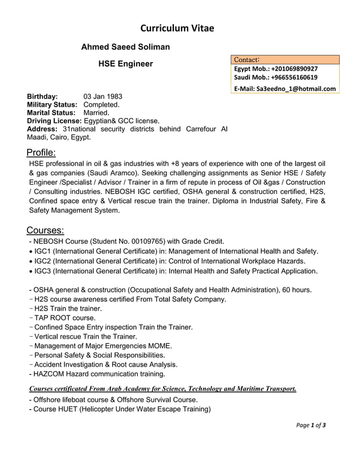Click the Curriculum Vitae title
tap(177, 28)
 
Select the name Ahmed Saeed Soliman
tap(125, 47)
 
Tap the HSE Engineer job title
tap(125, 64)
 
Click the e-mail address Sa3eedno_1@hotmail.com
tap(296, 89)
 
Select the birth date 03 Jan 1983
tap(103, 96)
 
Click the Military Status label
tap(52, 104)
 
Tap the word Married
tap(96, 112)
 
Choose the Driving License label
tap(54, 121)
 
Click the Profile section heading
tap(41, 152)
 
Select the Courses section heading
tap(45, 230)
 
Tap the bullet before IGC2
tap(30, 261)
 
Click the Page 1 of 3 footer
tap(311, 425)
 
